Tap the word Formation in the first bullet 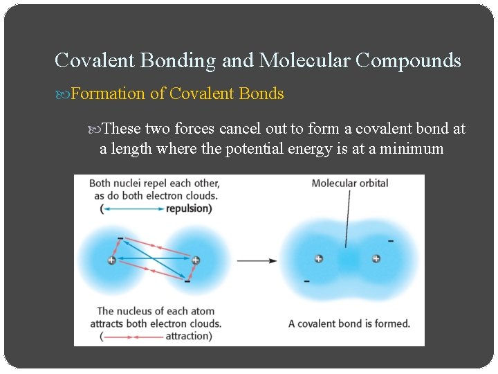(107, 93)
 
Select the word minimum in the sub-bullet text (409, 148)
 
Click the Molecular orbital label (349, 184)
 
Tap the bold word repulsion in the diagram (189, 208)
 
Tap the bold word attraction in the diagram (187, 336)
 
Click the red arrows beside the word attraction (132, 337)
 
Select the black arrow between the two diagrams (257, 261)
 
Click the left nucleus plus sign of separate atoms (111, 260)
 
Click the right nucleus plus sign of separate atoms (196, 260)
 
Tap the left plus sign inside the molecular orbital (318, 259)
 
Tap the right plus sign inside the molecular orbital (376, 259)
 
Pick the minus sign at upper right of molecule (391, 241)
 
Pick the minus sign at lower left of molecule (306, 281)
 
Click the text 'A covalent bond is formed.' (349, 323)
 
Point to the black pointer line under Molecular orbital (348, 218)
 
